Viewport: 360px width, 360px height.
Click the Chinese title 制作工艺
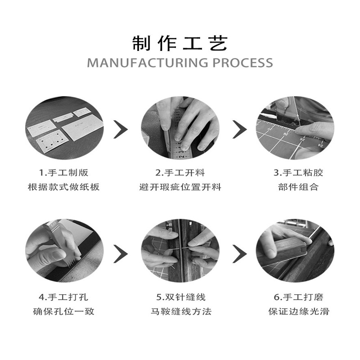pyautogui.click(x=180, y=43)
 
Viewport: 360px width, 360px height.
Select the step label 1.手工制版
pyautogui.click(x=63, y=173)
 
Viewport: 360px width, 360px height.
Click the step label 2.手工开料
pyautogui.click(x=180, y=173)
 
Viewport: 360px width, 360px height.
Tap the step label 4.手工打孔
pyautogui.click(x=63, y=297)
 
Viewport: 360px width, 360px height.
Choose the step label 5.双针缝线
pyautogui.click(x=180, y=297)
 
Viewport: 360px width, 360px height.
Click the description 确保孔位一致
pyautogui.click(x=63, y=311)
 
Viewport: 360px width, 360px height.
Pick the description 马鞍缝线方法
pyautogui.click(x=180, y=311)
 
